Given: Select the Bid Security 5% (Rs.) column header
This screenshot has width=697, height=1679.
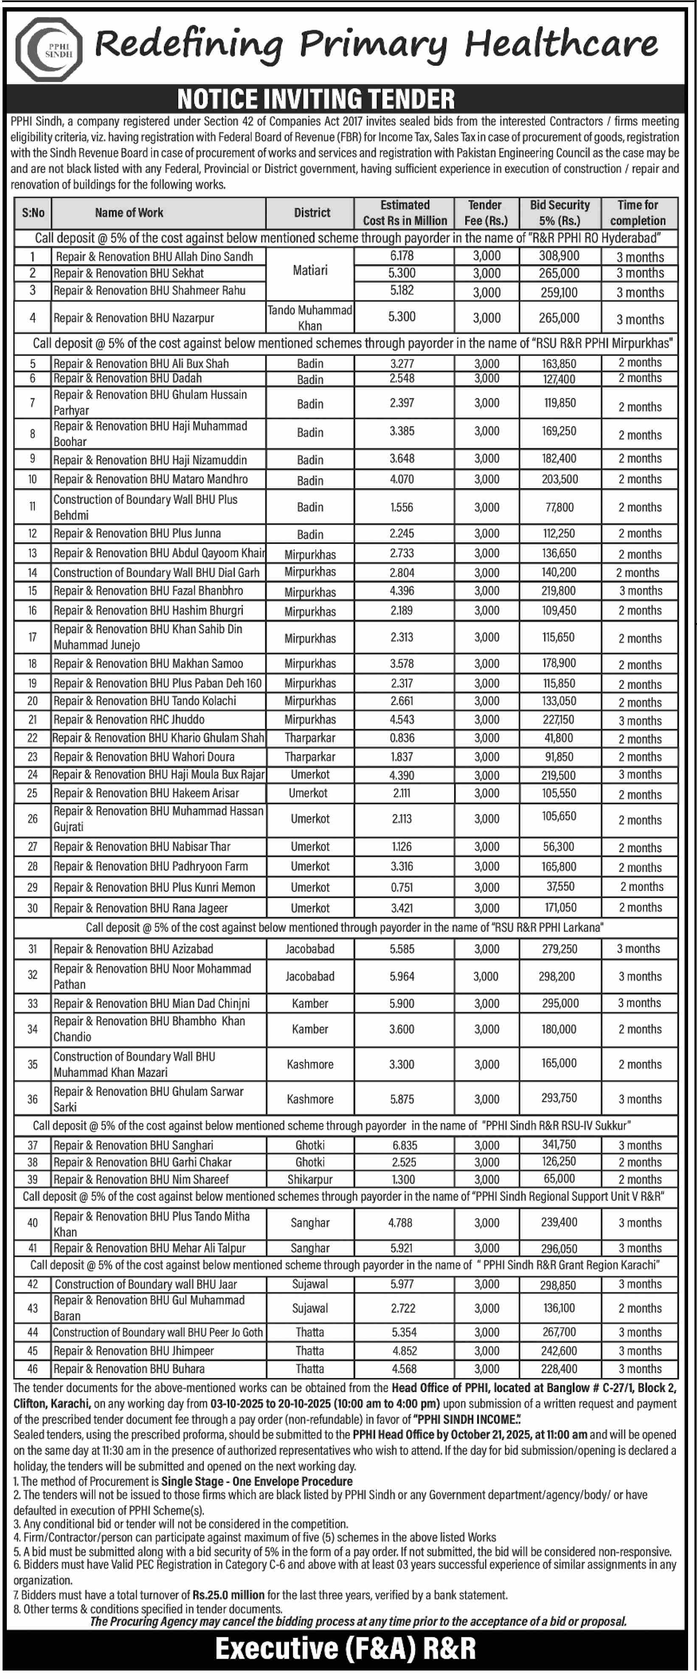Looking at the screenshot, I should click(x=559, y=213).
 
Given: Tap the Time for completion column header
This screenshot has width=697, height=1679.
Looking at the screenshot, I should click(x=637, y=213).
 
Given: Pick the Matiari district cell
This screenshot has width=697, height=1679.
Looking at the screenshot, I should click(x=310, y=270).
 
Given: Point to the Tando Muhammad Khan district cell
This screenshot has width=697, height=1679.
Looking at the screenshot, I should click(x=310, y=317).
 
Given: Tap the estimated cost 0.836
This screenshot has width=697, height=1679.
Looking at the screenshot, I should click(x=402, y=738).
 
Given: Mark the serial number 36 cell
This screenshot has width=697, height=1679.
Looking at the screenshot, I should click(x=33, y=1099).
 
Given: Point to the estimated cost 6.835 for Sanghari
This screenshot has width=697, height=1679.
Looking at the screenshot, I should click(x=402, y=1145).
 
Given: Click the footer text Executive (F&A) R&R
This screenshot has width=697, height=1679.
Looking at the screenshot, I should click(x=346, y=1649).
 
